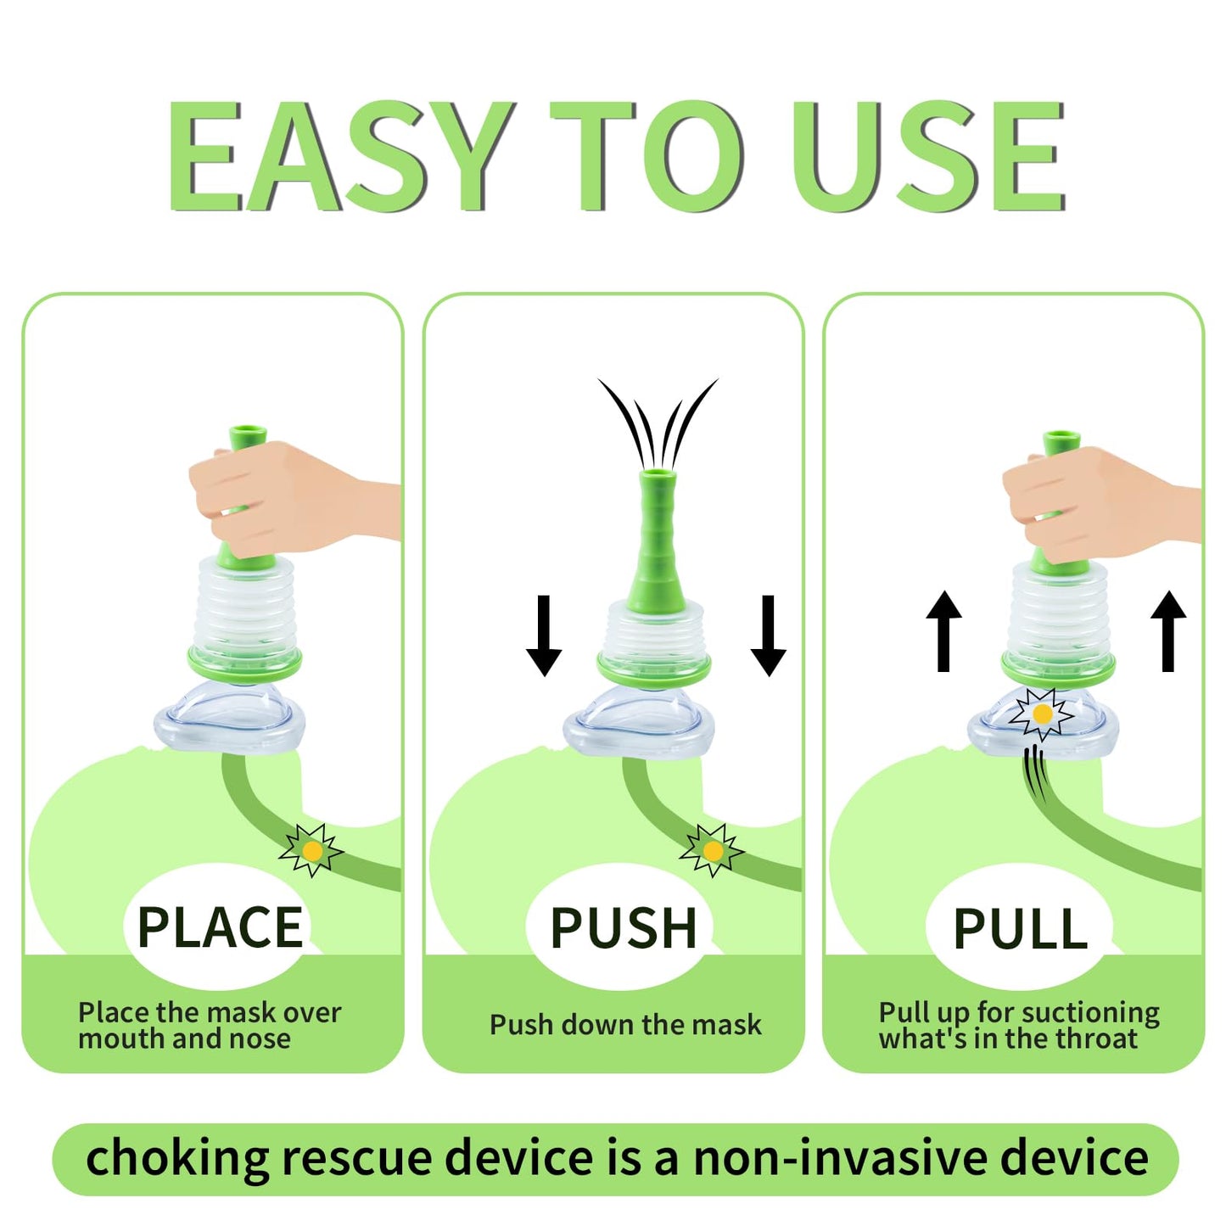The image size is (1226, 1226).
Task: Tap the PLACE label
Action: click(x=220, y=928)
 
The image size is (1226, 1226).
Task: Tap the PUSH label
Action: click(x=624, y=928)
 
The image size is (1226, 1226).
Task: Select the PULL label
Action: click(x=1021, y=928)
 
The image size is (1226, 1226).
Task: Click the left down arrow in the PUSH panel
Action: click(x=543, y=635)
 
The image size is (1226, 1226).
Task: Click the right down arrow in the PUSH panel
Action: click(x=768, y=635)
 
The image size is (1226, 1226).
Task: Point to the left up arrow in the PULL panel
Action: click(x=943, y=631)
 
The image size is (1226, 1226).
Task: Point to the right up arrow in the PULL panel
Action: click(x=1168, y=631)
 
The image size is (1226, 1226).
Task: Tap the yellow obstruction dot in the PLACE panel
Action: click(x=311, y=851)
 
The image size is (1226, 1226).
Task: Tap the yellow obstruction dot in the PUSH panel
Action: click(x=713, y=851)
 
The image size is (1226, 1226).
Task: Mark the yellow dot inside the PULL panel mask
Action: click(x=1042, y=714)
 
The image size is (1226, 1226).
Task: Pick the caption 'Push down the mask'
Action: click(x=625, y=1025)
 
